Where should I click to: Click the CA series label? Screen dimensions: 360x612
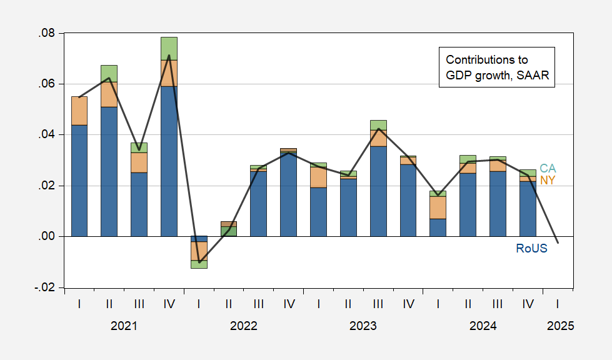coord(548,169)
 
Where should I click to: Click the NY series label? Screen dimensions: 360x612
coord(548,180)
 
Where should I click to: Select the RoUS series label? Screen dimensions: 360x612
coord(531,248)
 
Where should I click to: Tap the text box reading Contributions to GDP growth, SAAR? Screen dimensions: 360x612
coord(496,67)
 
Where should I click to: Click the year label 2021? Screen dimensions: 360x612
coord(124,326)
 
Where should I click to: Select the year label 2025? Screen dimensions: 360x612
coord(559,326)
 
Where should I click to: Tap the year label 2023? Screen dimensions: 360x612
coord(363,326)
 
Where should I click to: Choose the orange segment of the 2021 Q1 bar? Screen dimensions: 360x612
coord(79,111)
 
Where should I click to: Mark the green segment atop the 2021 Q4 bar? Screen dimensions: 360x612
coord(169,49)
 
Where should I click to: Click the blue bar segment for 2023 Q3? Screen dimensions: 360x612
coord(378,191)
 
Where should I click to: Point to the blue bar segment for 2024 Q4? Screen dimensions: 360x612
coord(528,209)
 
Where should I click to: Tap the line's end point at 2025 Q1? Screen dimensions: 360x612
coord(558,243)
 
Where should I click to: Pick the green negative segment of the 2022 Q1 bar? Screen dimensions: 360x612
coord(199,264)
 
